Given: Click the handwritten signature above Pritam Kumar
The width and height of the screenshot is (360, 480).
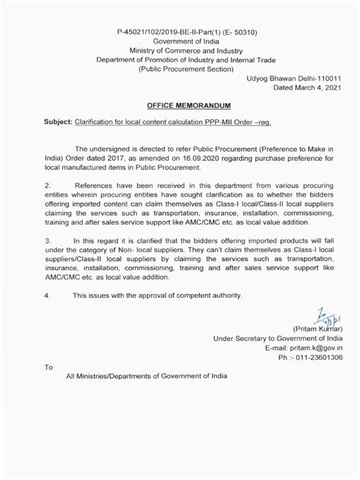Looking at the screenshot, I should [320, 316].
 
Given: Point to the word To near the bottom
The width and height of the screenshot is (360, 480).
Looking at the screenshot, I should [49, 367].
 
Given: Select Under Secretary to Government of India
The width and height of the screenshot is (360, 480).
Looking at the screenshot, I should [277, 338].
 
